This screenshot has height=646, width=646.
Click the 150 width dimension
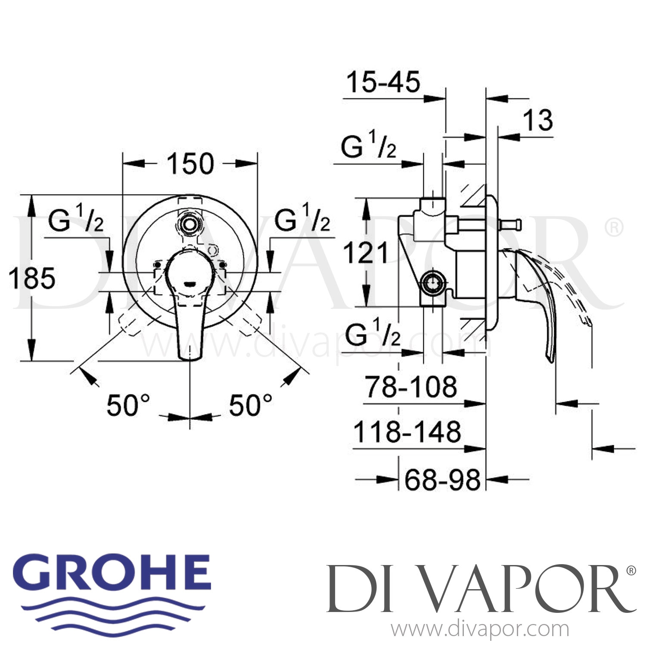(x=190, y=164)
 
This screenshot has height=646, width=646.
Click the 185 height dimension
(x=32, y=278)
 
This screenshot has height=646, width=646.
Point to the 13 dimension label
(x=538, y=120)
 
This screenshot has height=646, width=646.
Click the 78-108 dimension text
(x=411, y=387)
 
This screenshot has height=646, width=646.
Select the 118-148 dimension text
(x=407, y=432)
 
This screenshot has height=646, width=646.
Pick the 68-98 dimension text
(x=442, y=480)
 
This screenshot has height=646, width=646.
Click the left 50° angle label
(x=128, y=405)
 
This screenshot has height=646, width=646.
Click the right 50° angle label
(x=251, y=405)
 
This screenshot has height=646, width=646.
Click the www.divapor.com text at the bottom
(x=480, y=630)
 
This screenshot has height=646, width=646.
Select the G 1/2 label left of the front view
(x=76, y=220)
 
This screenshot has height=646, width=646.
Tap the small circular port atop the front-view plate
(x=189, y=224)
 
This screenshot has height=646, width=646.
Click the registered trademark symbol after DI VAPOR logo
(x=631, y=571)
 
